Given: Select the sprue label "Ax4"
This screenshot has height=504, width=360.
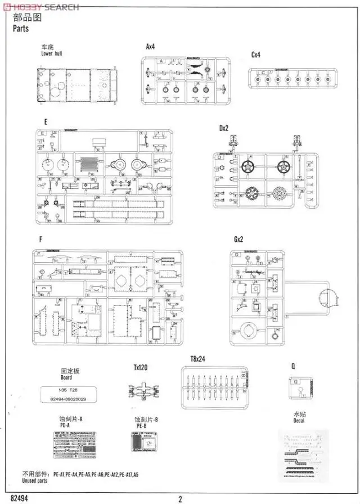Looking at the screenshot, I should (151, 47).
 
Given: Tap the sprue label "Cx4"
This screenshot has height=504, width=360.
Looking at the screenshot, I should (256, 55).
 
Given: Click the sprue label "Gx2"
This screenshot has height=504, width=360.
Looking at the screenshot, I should (238, 240).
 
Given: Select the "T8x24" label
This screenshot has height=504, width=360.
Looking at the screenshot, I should (196, 359).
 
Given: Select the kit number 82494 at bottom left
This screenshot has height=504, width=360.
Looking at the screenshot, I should (19, 498).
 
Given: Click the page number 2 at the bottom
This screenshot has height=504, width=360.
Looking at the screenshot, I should (180, 498).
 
